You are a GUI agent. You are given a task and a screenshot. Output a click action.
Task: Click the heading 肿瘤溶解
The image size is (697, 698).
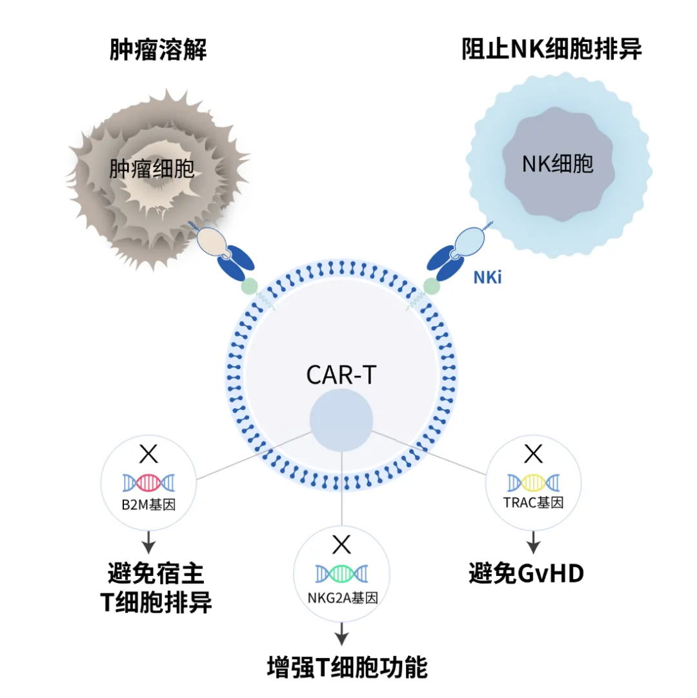(x=158, y=50)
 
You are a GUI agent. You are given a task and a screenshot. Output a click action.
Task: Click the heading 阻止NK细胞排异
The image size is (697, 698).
(x=552, y=50)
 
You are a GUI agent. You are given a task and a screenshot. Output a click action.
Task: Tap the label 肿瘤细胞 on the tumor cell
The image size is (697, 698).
(x=152, y=169)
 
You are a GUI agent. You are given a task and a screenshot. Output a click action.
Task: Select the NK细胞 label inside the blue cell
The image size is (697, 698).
(x=558, y=164)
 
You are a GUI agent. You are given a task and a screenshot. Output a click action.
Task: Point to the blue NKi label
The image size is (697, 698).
(x=487, y=278)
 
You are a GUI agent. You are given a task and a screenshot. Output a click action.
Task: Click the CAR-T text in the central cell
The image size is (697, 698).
(x=341, y=375)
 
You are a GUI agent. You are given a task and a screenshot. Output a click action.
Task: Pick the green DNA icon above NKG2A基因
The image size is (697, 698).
(x=341, y=573)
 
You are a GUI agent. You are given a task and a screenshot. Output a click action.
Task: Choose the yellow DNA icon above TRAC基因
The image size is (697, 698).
(x=533, y=482)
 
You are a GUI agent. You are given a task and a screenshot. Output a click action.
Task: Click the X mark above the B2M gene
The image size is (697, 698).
(x=148, y=454)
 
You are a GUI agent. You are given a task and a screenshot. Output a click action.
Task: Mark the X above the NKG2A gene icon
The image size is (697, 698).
(x=341, y=545)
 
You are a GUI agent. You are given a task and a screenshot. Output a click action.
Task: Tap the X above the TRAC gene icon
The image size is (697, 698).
(x=533, y=454)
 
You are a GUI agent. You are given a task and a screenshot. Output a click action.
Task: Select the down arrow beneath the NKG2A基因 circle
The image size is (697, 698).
(x=341, y=634)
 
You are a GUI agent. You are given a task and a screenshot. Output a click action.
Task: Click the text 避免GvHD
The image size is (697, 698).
(x=526, y=573)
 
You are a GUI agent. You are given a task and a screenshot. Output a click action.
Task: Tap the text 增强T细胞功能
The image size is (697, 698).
(x=347, y=668)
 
